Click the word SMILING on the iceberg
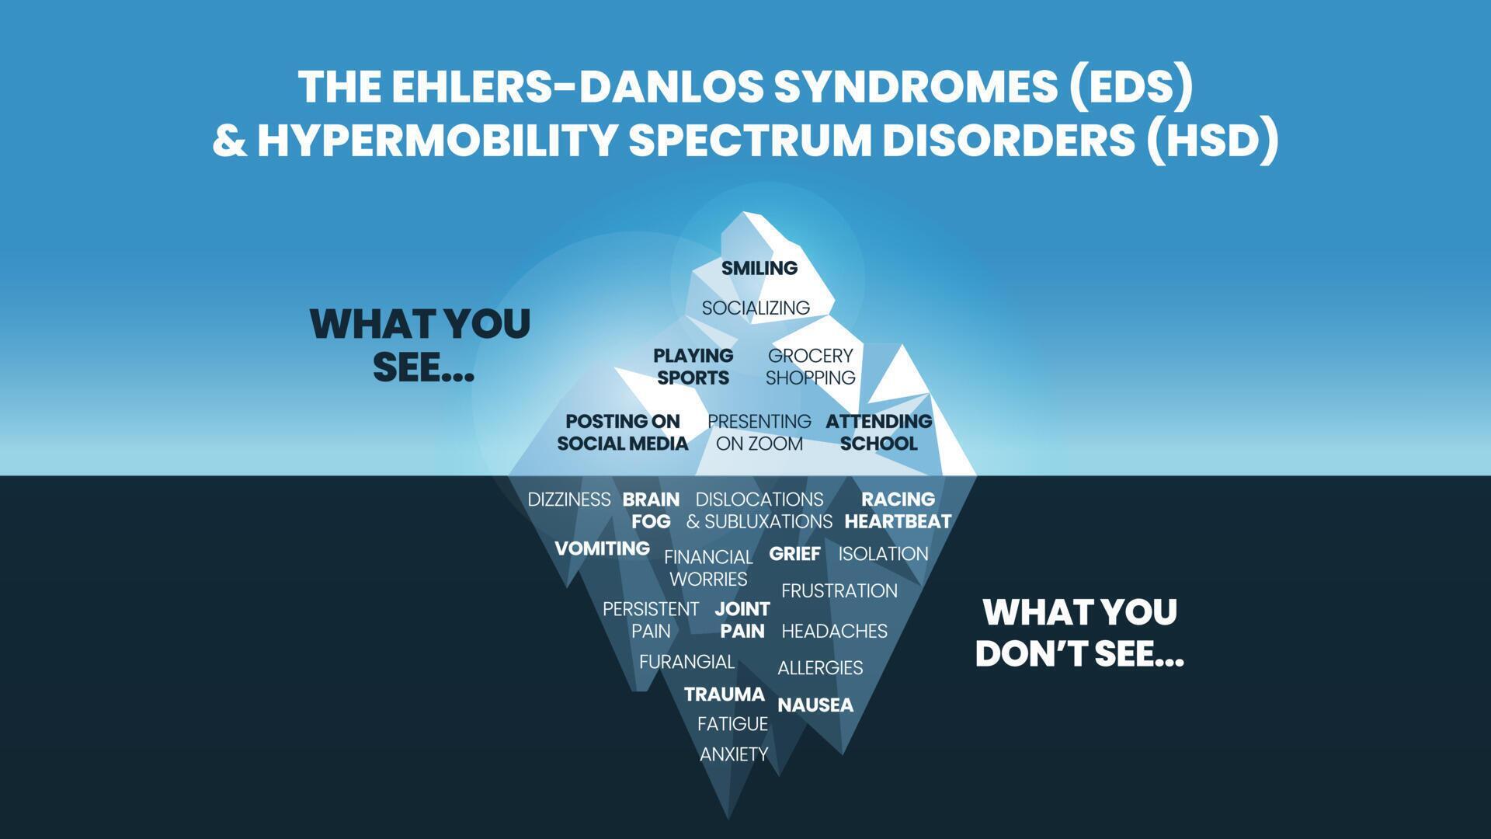tap(759, 268)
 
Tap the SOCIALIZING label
tap(756, 308)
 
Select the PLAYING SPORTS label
tap(693, 367)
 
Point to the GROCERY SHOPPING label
tap(810, 367)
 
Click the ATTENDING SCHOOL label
tap(878, 432)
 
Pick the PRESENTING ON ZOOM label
tap(759, 432)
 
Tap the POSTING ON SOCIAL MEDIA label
tap(622, 432)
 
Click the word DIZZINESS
tap(569, 500)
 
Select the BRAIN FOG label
tap(651, 510)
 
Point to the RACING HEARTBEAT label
tap(898, 510)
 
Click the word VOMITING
tap(602, 548)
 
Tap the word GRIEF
tap(794, 554)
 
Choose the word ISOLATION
tap(883, 554)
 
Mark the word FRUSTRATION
tap(839, 591)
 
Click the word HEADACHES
tap(834, 632)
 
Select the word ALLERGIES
tap(820, 668)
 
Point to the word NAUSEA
tap(815, 705)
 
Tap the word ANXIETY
tap(734, 754)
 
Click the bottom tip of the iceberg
tap(728, 816)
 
